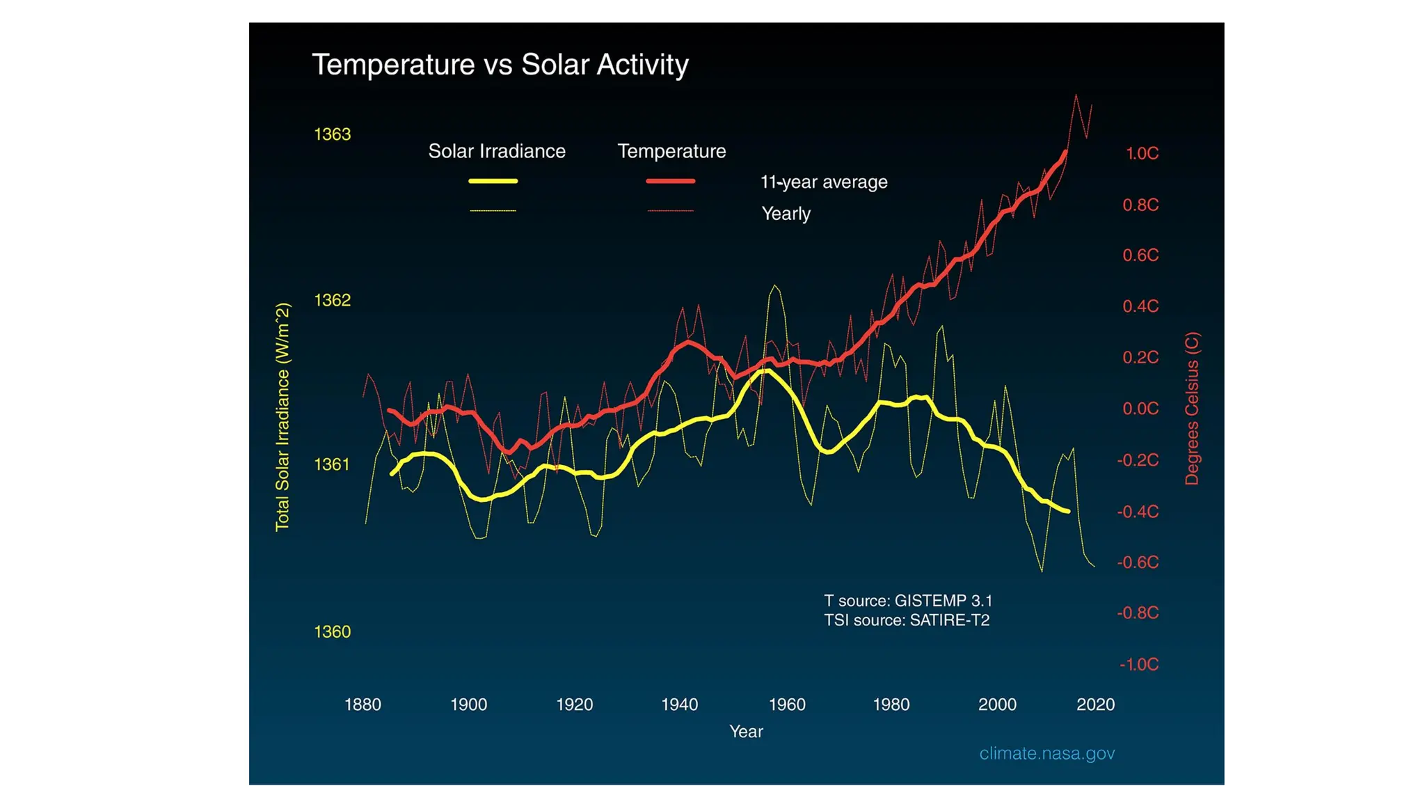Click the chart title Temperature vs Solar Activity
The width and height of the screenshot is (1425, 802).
coord(500,65)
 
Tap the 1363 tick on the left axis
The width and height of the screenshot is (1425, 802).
coord(333,134)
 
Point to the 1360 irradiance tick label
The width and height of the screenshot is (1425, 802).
coord(333,632)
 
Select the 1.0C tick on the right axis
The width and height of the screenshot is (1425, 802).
coord(1142,154)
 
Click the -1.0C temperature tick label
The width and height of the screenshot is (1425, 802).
coord(1139,665)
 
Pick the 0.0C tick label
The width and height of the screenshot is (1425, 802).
coord(1140,409)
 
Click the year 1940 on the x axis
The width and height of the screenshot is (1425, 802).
coord(679,705)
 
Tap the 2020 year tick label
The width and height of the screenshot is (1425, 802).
coord(1095,705)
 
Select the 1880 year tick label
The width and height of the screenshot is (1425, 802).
coord(363,705)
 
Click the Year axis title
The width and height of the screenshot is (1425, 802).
coord(746,732)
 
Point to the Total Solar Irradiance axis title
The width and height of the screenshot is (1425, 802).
coord(282,417)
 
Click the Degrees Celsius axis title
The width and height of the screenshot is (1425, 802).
coord(1192,409)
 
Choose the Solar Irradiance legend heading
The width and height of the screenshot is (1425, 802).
coord(497,151)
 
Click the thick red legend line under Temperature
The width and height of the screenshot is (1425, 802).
coord(671,181)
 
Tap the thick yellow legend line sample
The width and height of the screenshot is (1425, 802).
coord(493,181)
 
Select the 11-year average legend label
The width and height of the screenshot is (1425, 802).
coord(824,182)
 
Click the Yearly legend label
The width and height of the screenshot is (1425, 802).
coord(786,214)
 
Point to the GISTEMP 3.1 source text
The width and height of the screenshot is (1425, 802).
coord(908,601)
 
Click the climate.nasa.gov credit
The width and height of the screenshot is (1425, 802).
coord(1046,753)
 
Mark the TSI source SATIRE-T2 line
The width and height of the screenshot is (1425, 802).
coord(907,620)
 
